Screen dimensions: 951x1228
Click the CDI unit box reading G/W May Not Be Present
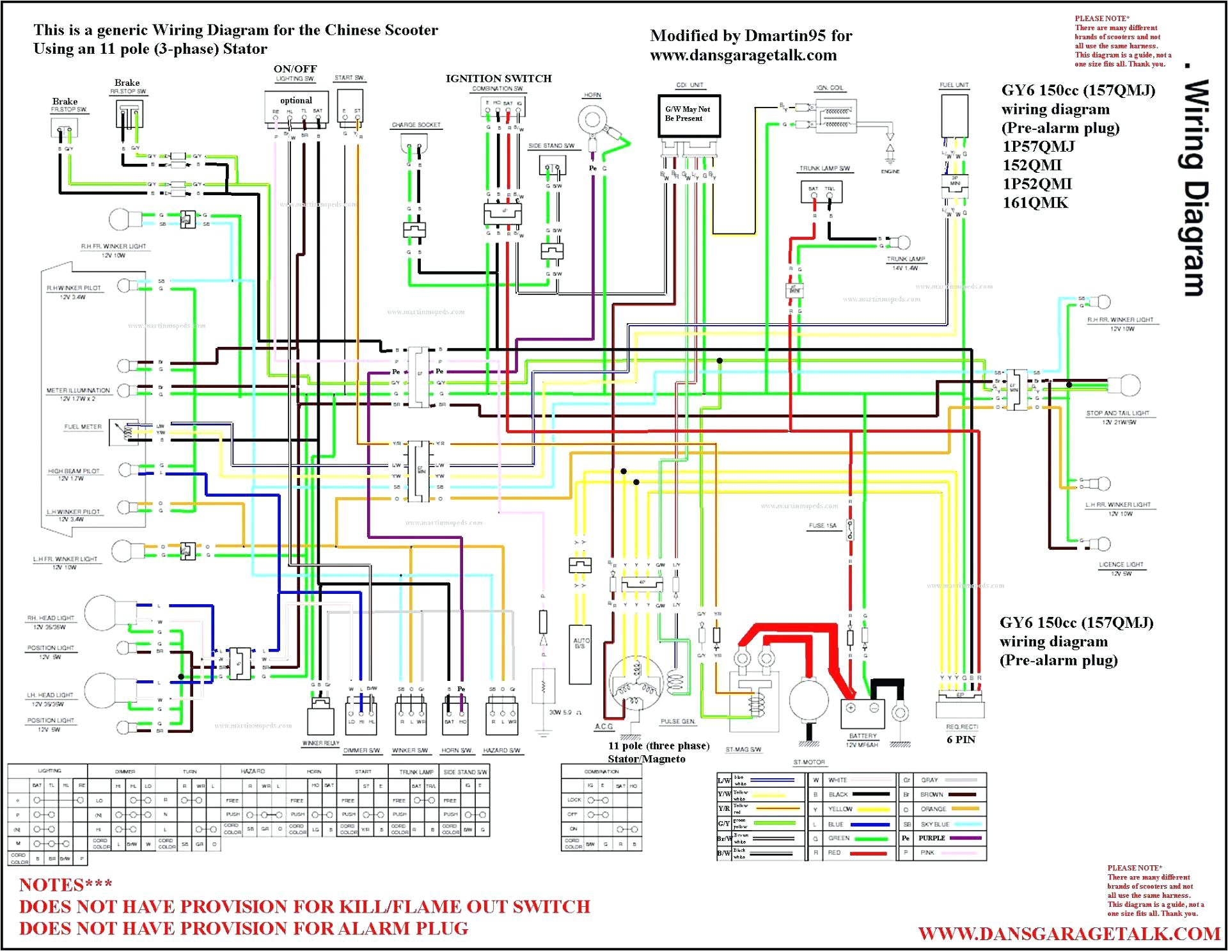coord(689,115)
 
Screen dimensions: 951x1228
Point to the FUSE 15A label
coord(822,525)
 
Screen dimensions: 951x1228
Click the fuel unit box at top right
coord(954,116)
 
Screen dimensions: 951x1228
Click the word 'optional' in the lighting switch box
coord(296,100)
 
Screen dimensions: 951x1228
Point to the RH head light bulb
coord(102,612)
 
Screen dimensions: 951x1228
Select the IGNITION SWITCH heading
coord(498,79)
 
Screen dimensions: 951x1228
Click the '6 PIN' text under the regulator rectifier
coord(961,740)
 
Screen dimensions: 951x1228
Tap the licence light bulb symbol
coord(1102,545)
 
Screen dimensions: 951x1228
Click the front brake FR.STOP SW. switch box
coord(64,128)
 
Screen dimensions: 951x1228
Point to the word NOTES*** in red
coord(65,884)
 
